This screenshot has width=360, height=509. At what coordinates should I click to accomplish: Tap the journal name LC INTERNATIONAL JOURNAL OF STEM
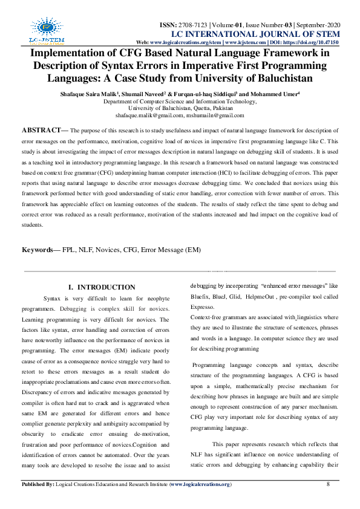(x=255, y=34)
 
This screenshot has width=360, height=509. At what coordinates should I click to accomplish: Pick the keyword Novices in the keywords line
(x=119, y=250)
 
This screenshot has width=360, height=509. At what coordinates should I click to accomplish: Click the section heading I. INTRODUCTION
(x=102, y=287)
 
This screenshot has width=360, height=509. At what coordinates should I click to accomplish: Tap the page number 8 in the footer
(x=328, y=484)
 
